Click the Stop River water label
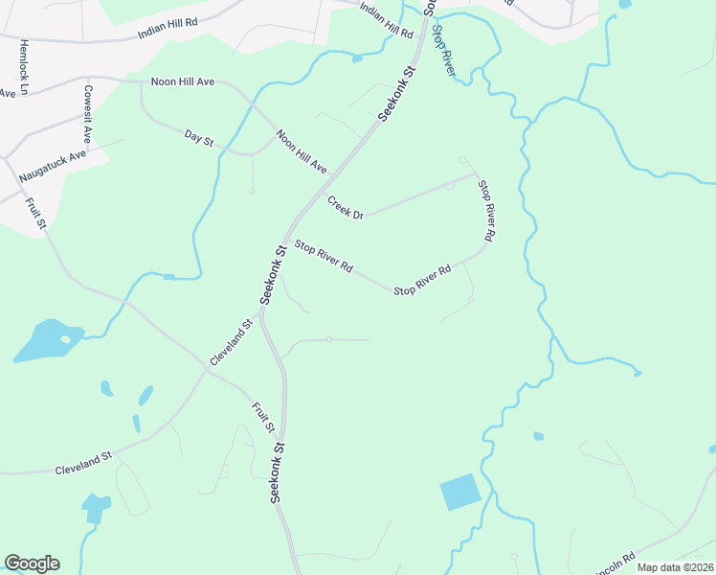pyautogui.click(x=442, y=50)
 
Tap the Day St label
pyautogui.click(x=199, y=140)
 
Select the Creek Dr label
pyautogui.click(x=346, y=208)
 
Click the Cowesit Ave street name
pyautogui.click(x=87, y=113)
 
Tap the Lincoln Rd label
pyautogui.click(x=615, y=563)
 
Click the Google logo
pyautogui.click(x=32, y=563)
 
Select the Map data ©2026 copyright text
pyautogui.click(x=675, y=567)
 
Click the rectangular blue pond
pyautogui.click(x=460, y=493)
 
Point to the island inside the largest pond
pyautogui.click(x=65, y=338)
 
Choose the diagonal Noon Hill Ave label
pyautogui.click(x=302, y=151)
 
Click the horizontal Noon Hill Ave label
pyautogui.click(x=182, y=82)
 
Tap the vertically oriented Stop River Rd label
pyautogui.click(x=487, y=209)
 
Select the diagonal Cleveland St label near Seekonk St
pyautogui.click(x=231, y=342)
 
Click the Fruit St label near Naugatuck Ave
pyautogui.click(x=37, y=213)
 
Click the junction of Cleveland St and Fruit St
pyautogui.click(x=207, y=369)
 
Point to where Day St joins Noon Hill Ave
pyautogui.click(x=251, y=152)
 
